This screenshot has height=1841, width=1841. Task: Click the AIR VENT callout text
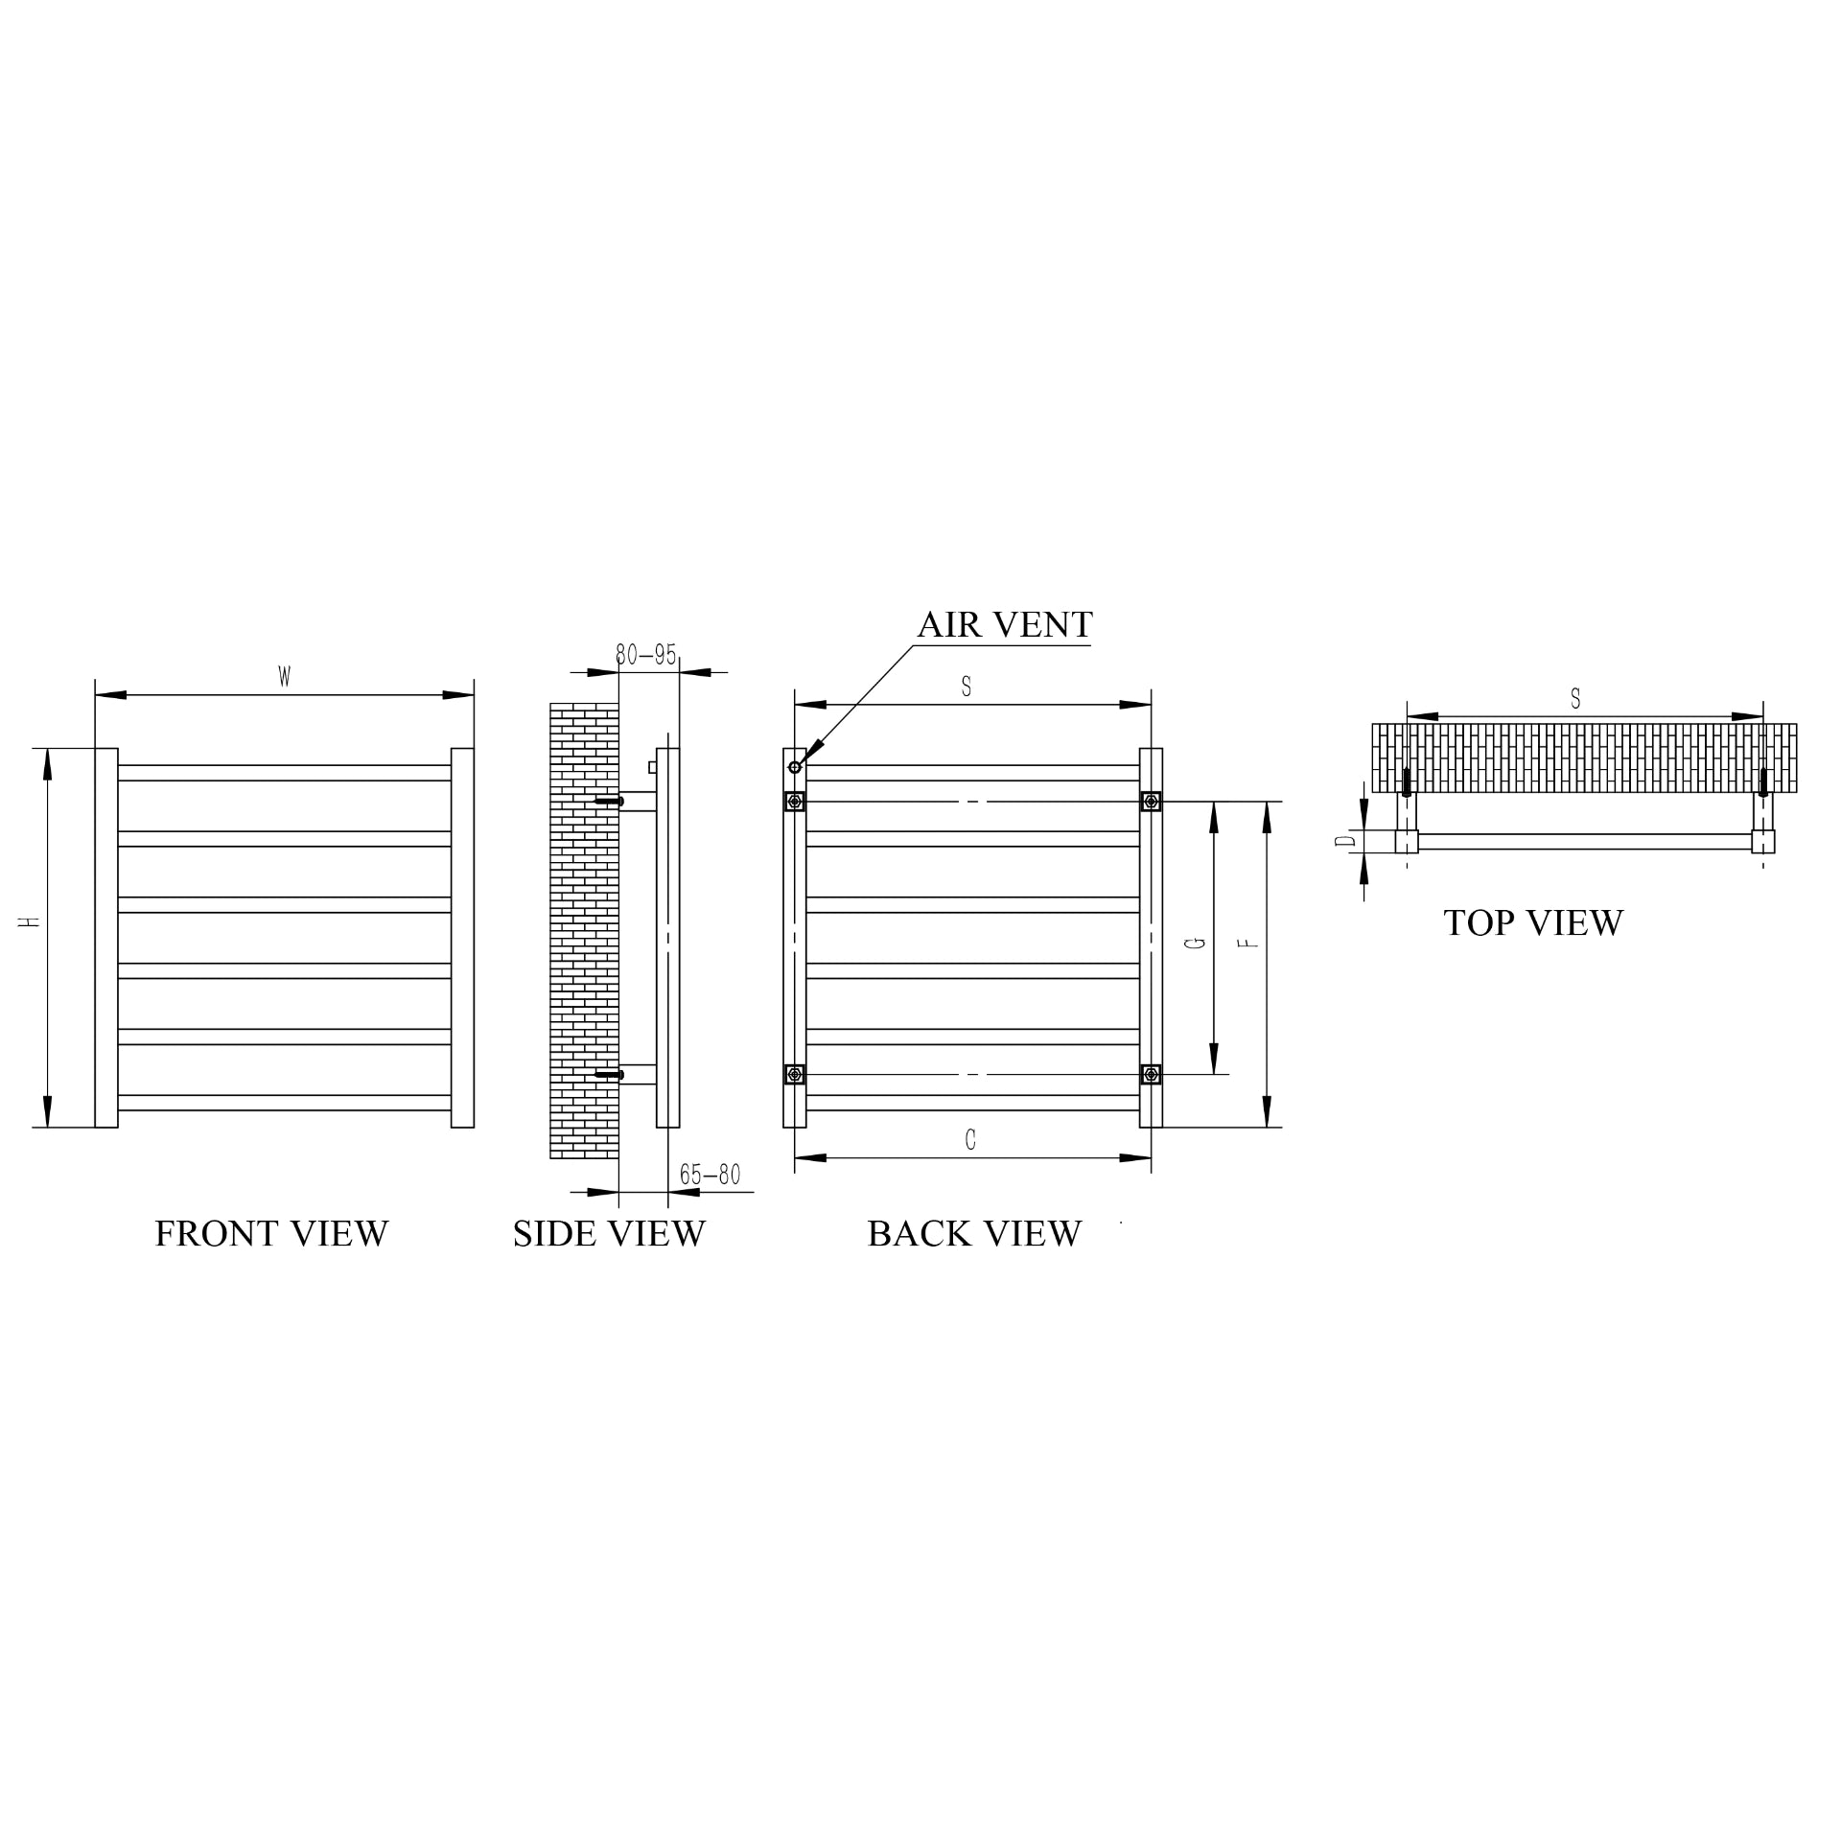coord(1004,625)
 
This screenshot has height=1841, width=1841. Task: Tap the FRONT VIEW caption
coord(271,1234)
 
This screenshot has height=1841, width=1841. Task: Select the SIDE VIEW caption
coord(609,1234)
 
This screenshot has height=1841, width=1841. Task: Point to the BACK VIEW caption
coord(974,1234)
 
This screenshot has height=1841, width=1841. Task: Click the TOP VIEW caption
coord(1533,923)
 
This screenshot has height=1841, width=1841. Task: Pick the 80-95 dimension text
coord(645,655)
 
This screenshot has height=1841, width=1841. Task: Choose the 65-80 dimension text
coord(710,1175)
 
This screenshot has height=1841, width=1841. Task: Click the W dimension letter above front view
coord(285,677)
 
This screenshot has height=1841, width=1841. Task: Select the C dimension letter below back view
coord(970,1140)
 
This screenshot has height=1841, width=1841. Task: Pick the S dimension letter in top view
coord(1575,700)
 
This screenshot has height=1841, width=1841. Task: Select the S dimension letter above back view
coord(967,687)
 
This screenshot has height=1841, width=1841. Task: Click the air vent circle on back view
coord(794,767)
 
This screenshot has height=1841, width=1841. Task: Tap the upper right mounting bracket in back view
coord(1151,802)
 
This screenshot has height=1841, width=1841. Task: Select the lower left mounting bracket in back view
coord(794,1074)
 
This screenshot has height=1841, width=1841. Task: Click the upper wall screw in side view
coord(610,802)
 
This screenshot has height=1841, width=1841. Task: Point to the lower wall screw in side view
coord(610,1075)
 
